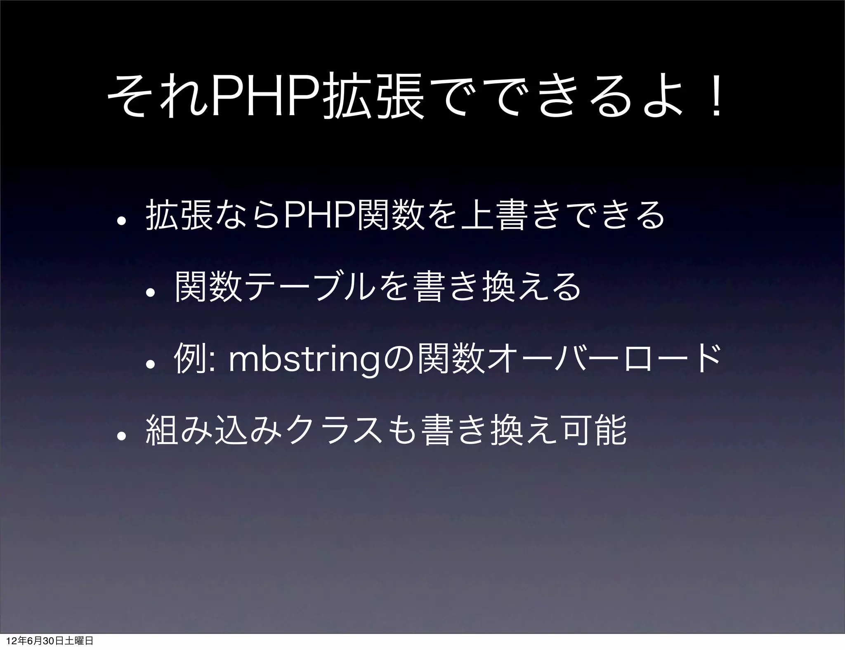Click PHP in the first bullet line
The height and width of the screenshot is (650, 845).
point(322,215)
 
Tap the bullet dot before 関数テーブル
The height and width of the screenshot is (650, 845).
point(152,290)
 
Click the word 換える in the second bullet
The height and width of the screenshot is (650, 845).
point(532,285)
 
